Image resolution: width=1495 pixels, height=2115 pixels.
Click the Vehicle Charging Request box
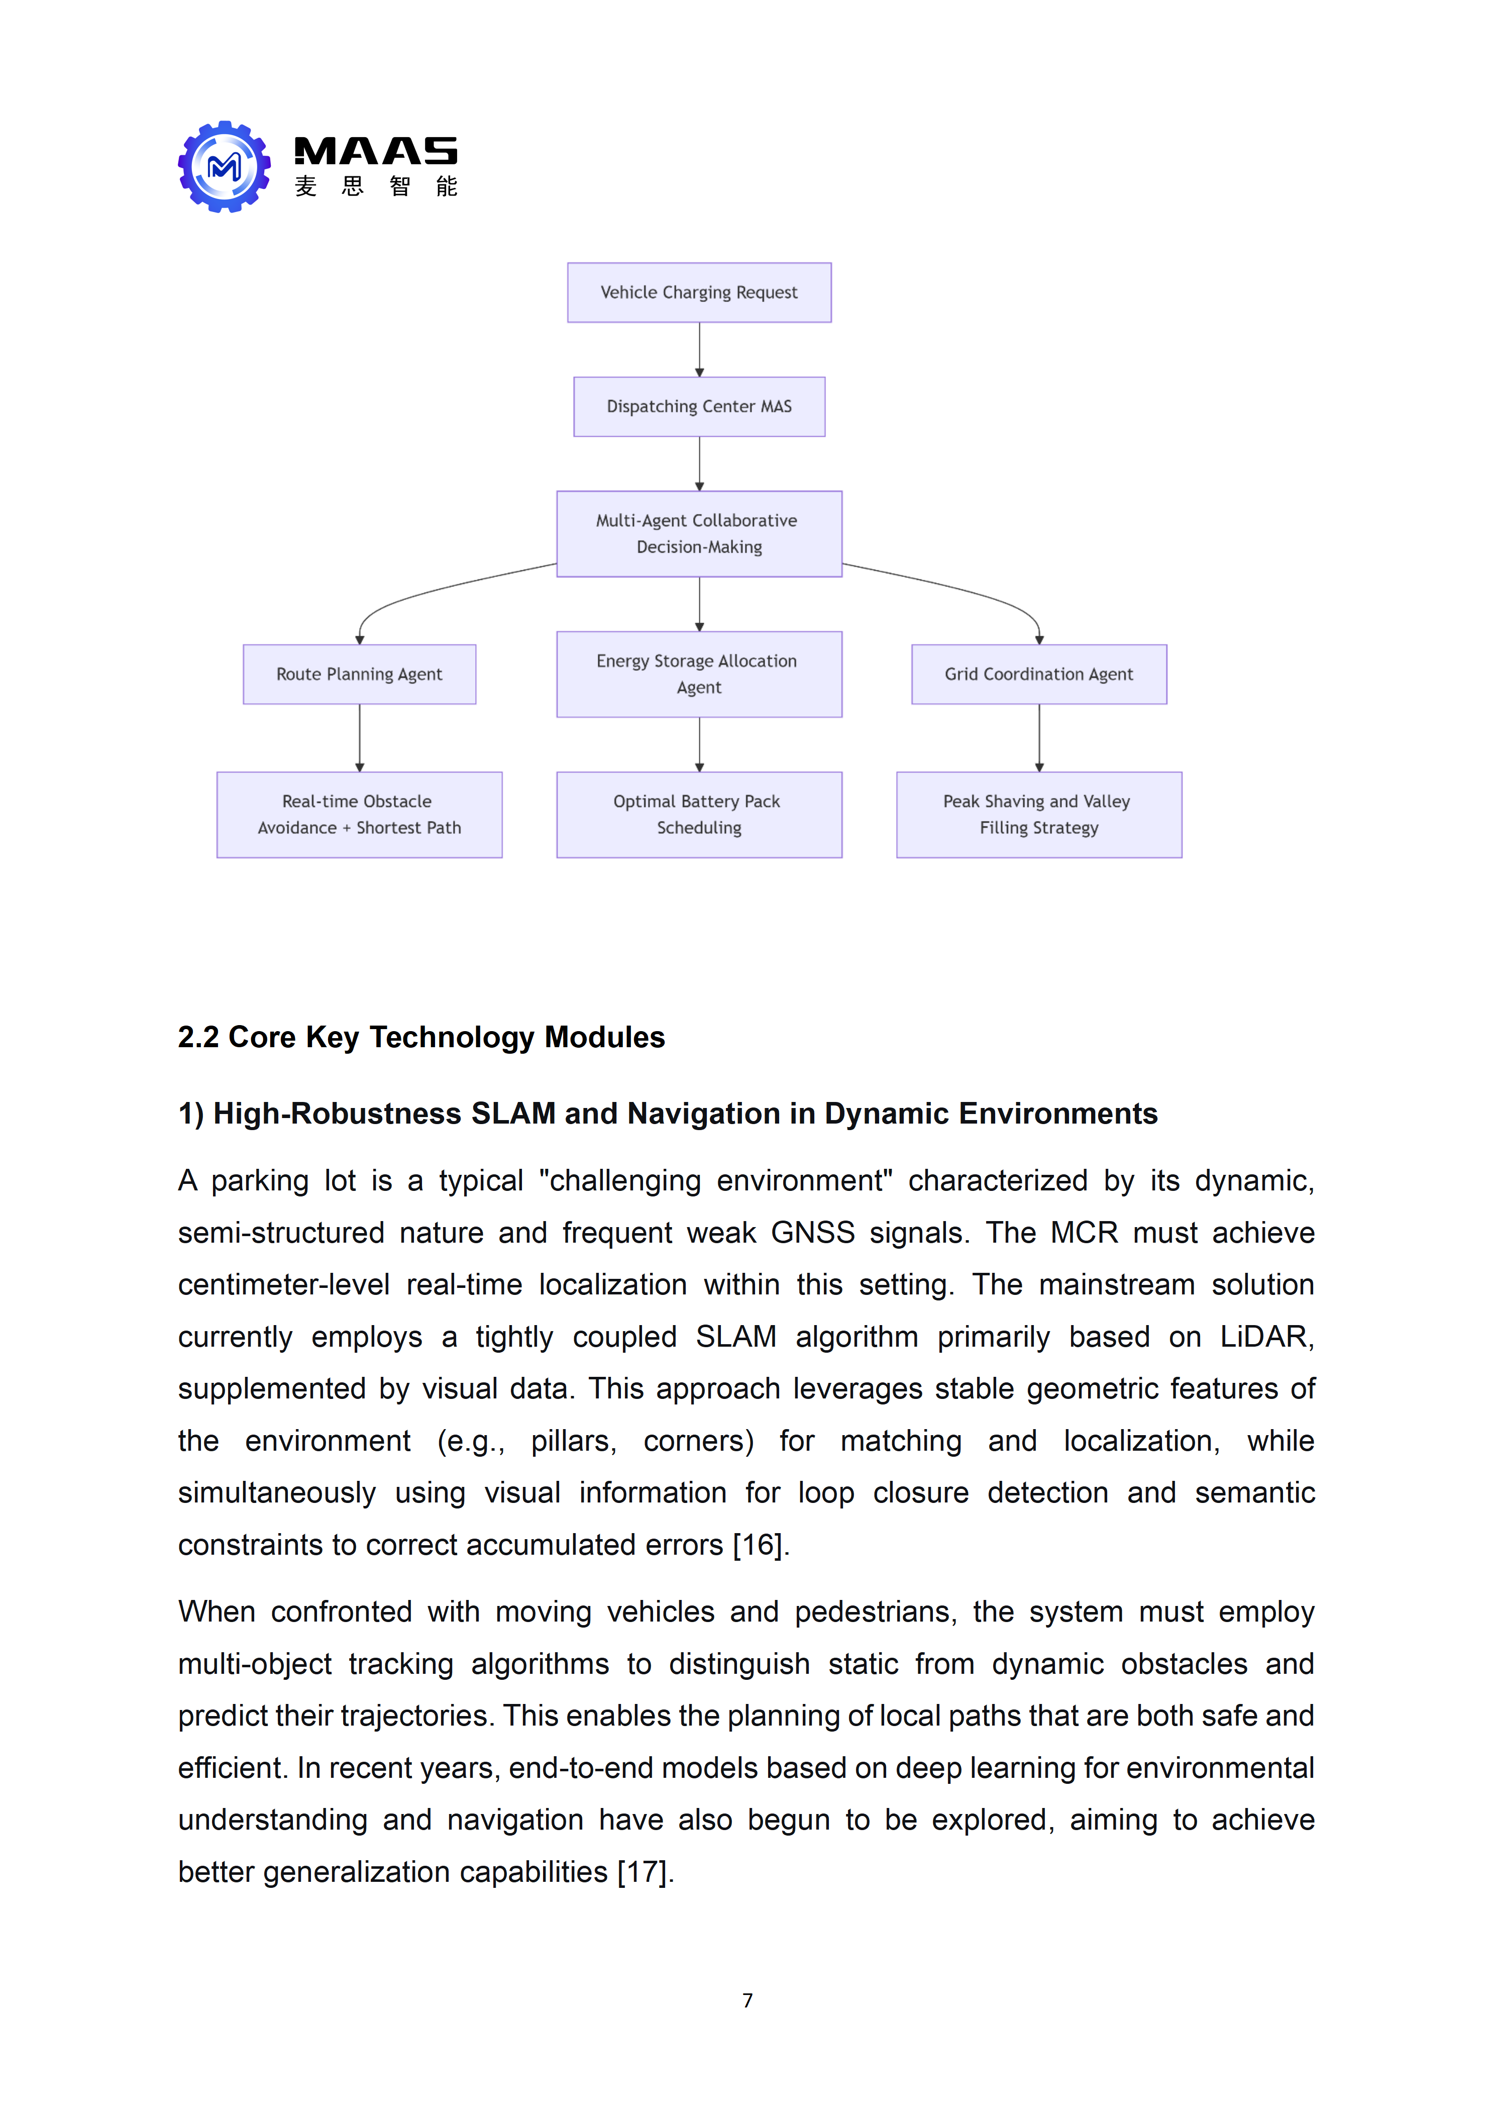click(699, 293)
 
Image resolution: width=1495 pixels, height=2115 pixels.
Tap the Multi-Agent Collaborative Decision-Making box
click(699, 534)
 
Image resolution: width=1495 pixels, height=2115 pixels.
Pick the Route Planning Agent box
click(359, 674)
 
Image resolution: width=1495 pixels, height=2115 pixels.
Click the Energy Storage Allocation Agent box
click(699, 674)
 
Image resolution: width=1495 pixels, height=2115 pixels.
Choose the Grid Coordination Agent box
click(1039, 674)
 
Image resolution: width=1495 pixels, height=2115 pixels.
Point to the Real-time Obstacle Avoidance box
click(359, 815)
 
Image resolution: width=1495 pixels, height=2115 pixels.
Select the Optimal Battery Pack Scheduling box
click(699, 815)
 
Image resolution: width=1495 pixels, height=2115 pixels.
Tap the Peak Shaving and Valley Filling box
click(1039, 815)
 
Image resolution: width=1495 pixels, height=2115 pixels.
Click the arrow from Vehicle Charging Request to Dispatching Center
click(699, 350)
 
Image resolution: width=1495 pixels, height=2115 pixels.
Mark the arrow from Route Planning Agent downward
click(359, 738)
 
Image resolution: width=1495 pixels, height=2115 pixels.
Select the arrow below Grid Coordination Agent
click(1039, 738)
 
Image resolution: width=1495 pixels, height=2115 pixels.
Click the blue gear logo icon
click(224, 167)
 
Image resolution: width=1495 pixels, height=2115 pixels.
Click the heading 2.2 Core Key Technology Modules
click(421, 1037)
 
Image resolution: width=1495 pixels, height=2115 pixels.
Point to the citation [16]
click(759, 1545)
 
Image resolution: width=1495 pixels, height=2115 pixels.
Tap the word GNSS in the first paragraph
click(812, 1233)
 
